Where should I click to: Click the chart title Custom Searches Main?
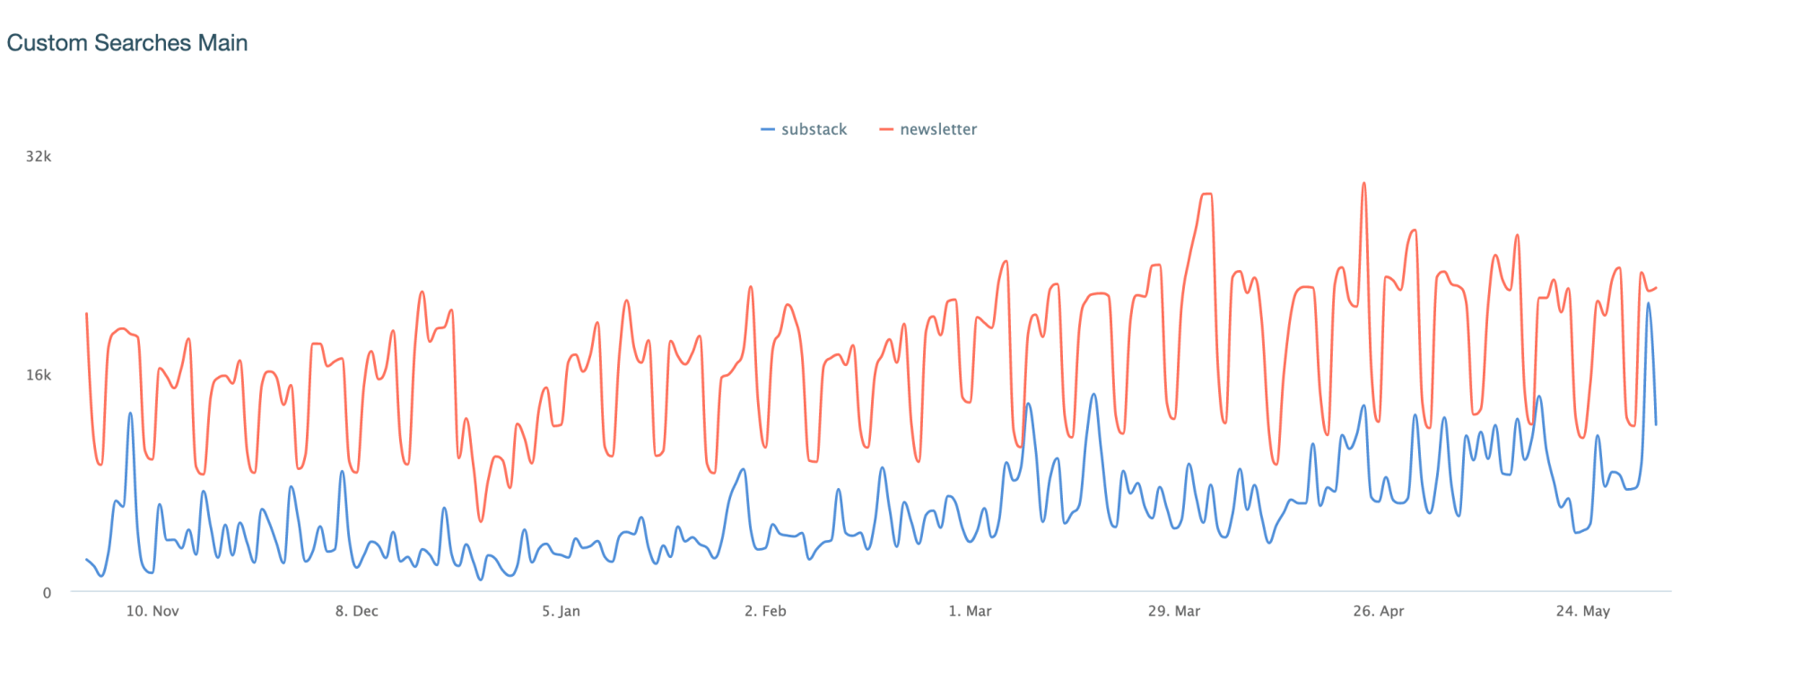[126, 43]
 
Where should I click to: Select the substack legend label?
[814, 129]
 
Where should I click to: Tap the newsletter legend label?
[938, 129]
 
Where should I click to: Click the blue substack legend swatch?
[768, 129]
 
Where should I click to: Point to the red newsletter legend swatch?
[886, 129]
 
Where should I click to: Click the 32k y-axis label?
[39, 157]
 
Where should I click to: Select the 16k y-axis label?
[39, 375]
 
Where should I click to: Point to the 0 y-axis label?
[48, 592]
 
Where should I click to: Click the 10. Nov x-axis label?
[152, 611]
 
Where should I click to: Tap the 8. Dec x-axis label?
[357, 611]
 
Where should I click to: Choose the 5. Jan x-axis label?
[561, 611]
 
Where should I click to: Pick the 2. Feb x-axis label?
[765, 611]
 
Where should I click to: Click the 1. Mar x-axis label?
[970, 611]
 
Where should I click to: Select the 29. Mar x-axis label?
[1174, 611]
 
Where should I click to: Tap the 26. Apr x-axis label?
[1379, 611]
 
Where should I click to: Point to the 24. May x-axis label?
[1582, 611]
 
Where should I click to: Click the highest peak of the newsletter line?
[1363, 184]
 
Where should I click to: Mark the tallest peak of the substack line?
[1648, 303]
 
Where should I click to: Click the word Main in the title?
[223, 43]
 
